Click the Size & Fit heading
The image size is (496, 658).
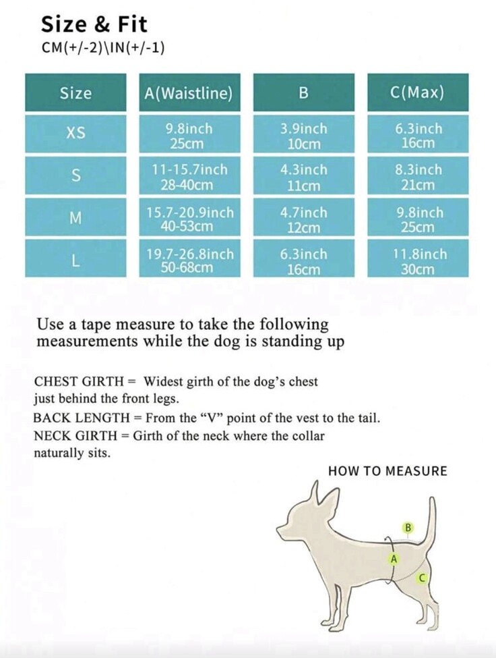(x=94, y=24)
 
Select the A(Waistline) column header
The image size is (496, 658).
(x=189, y=92)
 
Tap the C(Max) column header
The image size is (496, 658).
(x=417, y=92)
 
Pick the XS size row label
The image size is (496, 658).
(x=75, y=133)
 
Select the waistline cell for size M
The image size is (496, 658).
(x=189, y=219)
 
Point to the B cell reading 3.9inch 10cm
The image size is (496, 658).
(x=303, y=136)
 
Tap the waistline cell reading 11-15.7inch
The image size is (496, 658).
(x=189, y=177)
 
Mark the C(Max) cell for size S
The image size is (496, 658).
(x=417, y=177)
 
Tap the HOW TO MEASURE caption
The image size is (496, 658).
(x=387, y=471)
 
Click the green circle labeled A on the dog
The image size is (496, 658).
(x=394, y=559)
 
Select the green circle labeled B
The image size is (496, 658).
(x=408, y=528)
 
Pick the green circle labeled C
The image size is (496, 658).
(x=422, y=578)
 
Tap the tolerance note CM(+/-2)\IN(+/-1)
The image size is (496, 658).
(x=103, y=48)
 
